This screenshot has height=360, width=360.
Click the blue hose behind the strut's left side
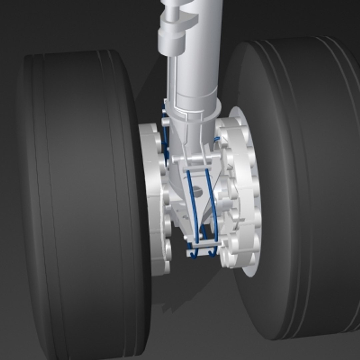[165, 133]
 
